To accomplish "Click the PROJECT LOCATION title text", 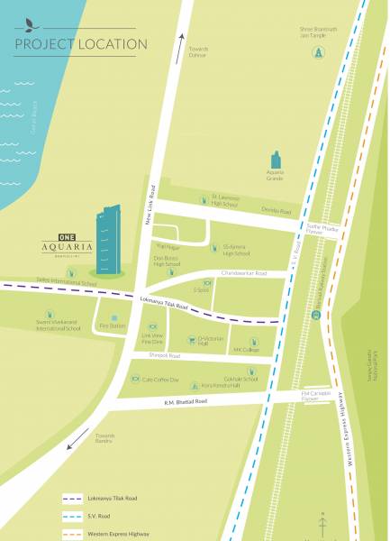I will [81, 43].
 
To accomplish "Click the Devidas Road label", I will [277, 211].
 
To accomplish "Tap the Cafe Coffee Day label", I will [161, 380].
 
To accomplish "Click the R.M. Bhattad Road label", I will [185, 400].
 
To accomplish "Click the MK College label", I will [246, 350].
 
